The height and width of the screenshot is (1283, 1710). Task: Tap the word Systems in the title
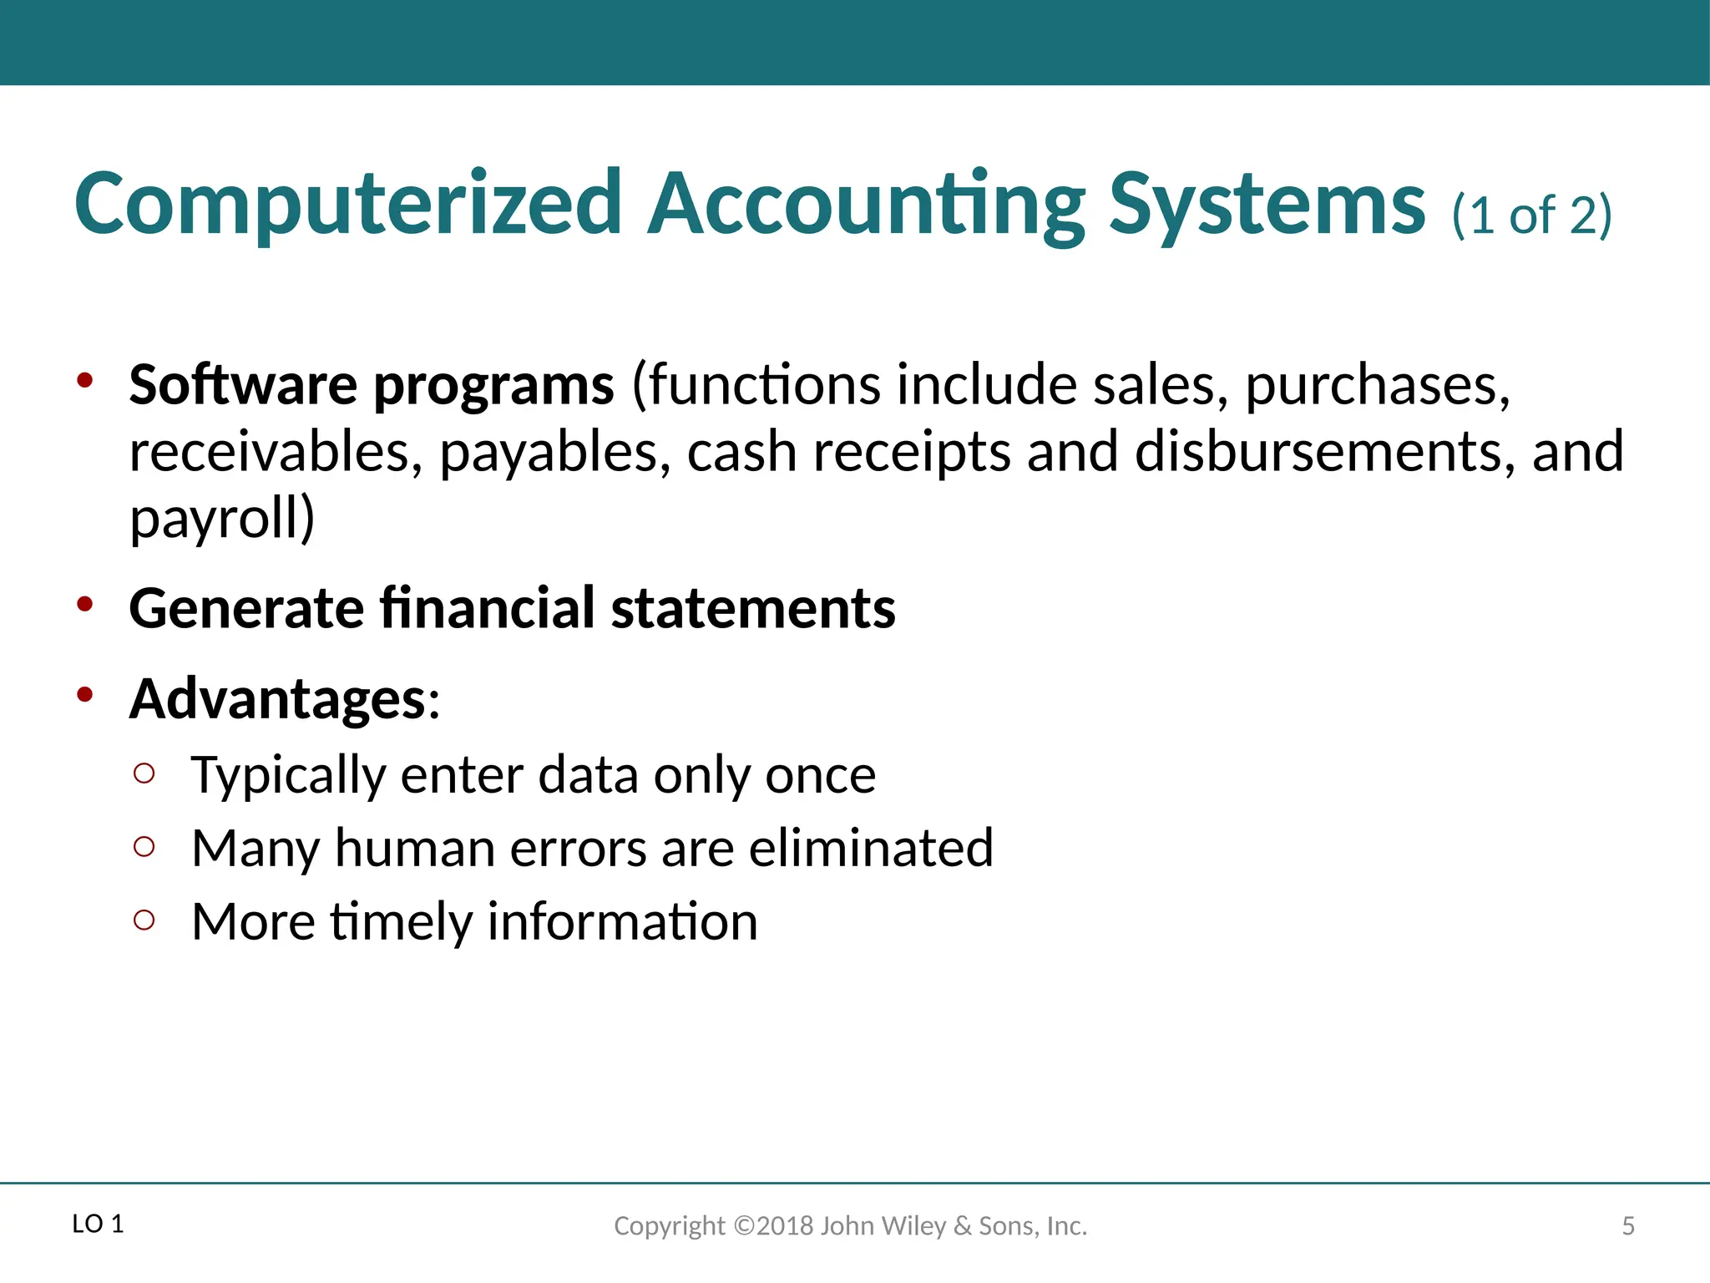[1266, 205]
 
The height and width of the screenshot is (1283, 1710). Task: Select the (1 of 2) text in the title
[1531, 216]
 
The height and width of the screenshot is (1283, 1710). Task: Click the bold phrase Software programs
[372, 386]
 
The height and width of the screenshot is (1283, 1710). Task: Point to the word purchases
[1377, 386]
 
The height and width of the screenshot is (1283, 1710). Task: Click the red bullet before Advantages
[84, 694]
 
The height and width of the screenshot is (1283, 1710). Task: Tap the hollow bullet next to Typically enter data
[144, 773]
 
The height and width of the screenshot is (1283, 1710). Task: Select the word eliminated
[870, 848]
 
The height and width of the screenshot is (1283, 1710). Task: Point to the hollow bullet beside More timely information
[144, 920]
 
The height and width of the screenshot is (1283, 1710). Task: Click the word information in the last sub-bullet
[622, 921]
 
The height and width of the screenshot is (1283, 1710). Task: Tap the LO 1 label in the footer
[98, 1225]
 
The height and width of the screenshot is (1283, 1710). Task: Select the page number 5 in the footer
[1627, 1226]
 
